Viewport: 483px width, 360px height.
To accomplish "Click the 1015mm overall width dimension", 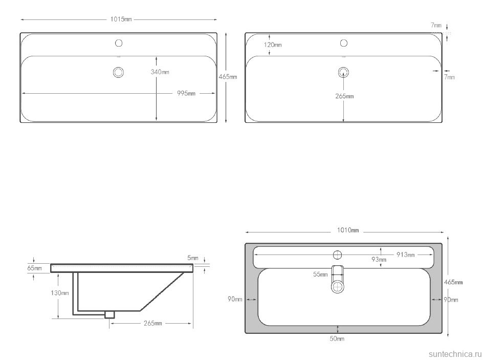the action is (121, 19).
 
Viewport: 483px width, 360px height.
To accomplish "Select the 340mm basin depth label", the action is (160, 72).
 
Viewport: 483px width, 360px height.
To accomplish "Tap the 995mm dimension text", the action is (186, 93).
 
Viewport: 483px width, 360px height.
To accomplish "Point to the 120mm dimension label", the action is (273, 45).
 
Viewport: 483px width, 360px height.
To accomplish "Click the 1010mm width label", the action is (348, 230).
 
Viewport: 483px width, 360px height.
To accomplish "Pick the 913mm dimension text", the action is (405, 255).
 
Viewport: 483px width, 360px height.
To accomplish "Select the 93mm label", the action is (379, 260).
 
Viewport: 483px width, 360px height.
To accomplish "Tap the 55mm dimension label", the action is (320, 274).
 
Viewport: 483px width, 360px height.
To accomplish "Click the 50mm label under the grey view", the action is (337, 338).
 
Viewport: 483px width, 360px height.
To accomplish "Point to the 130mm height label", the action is (60, 293).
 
